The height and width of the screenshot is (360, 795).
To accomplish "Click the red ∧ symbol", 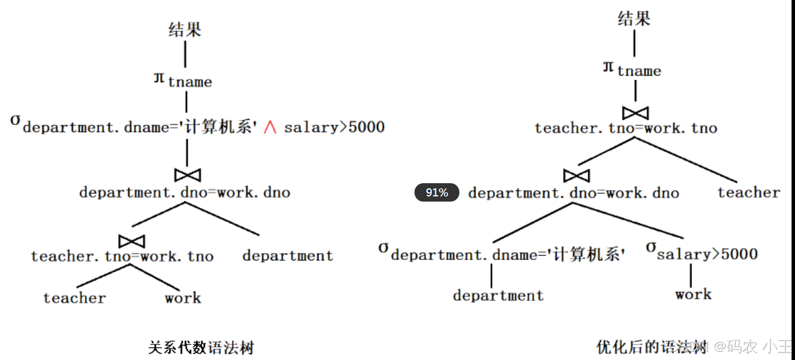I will (x=269, y=127).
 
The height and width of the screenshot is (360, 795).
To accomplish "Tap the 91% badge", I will (x=437, y=192).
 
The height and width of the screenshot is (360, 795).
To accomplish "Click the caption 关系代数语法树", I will (x=201, y=347).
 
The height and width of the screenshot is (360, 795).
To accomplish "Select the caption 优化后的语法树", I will (x=651, y=347).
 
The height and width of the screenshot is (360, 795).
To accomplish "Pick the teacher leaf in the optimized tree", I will (x=748, y=192).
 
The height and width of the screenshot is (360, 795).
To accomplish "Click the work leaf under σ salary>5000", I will (x=693, y=294).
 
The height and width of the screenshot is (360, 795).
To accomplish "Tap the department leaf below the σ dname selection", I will (x=498, y=295).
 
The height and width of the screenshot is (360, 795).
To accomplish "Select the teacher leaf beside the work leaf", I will (x=74, y=298).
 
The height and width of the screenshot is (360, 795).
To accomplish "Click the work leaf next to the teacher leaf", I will (x=182, y=298).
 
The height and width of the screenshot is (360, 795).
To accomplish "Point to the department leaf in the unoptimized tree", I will (x=288, y=256).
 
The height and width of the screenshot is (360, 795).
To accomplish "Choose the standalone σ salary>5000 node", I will (x=702, y=252).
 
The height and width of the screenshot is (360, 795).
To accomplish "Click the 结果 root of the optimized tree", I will (x=634, y=19).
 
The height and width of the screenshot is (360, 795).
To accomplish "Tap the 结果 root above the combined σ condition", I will (x=185, y=29).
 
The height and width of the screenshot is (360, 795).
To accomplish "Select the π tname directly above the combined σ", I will (x=183, y=81).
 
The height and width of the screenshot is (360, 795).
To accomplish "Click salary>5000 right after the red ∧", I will (x=334, y=127).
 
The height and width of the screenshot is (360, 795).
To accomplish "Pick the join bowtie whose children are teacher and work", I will (x=131, y=240).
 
